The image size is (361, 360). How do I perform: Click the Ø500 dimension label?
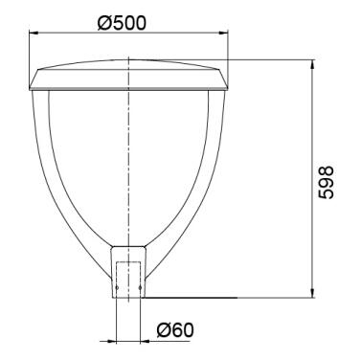click(x=122, y=23)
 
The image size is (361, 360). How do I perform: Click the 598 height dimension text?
click(x=326, y=182)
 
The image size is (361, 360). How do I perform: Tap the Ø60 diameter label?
click(x=175, y=329)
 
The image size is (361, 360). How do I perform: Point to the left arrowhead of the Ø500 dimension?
click(x=34, y=33)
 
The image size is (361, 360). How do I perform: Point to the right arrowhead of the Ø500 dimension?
click(x=224, y=33)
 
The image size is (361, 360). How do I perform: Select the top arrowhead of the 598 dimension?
click(x=312, y=64)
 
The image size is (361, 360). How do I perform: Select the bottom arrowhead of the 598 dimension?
click(x=312, y=293)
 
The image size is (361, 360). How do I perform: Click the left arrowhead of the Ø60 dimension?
click(x=112, y=341)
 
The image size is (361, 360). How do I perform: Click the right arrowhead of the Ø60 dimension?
click(x=145, y=341)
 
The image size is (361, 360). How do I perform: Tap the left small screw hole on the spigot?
click(x=117, y=288)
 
